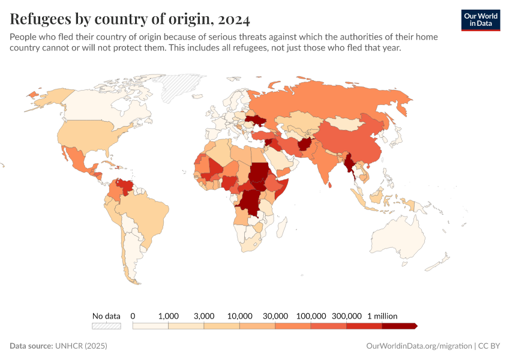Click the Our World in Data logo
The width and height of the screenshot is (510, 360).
click(481, 20)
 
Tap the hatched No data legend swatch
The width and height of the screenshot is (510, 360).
click(106, 326)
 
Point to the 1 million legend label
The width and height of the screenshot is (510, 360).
click(382, 316)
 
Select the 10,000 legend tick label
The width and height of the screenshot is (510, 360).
click(239, 316)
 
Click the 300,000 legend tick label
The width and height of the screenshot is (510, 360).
click(346, 316)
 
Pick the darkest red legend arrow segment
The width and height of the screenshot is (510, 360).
click(399, 326)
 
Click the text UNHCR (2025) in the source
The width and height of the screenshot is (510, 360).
click(81, 346)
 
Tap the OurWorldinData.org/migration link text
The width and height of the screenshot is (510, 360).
click(419, 346)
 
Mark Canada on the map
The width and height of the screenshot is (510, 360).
click(102, 105)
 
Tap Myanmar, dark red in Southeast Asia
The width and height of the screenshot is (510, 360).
click(349, 164)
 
